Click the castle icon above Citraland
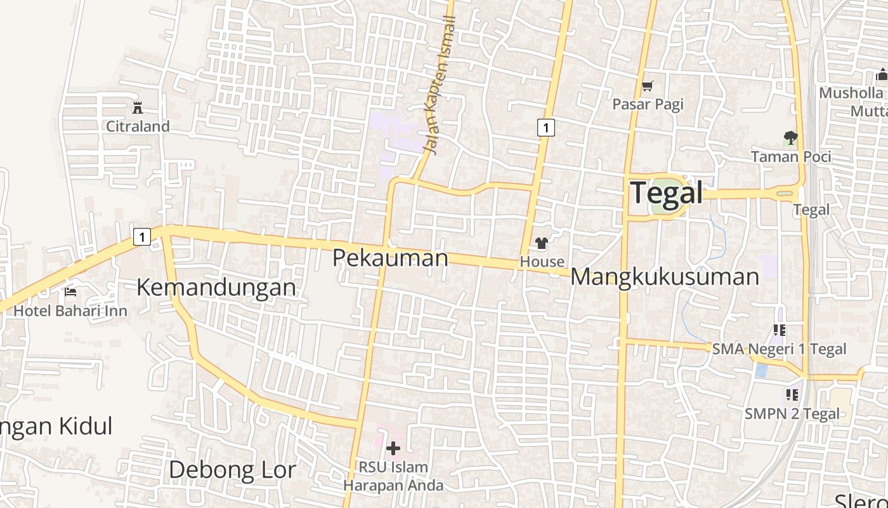coord(138,108)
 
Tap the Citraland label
coord(138,126)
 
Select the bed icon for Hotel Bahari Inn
coord(70,292)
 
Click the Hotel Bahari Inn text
coord(70,311)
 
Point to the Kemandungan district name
coord(216,287)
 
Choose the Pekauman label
coord(390,258)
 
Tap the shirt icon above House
coord(541,243)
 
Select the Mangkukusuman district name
coord(665,277)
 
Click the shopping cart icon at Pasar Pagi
coord(648,86)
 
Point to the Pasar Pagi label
coord(648,104)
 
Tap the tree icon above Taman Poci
coord(790,137)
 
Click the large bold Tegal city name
coord(667,192)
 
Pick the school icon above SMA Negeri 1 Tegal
coord(780,330)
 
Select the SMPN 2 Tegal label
coord(792,413)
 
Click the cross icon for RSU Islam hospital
coord(393,448)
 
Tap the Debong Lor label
coord(232,470)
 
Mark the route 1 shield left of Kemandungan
coord(142,237)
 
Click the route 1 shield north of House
coord(545,127)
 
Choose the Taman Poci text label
coord(790,156)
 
